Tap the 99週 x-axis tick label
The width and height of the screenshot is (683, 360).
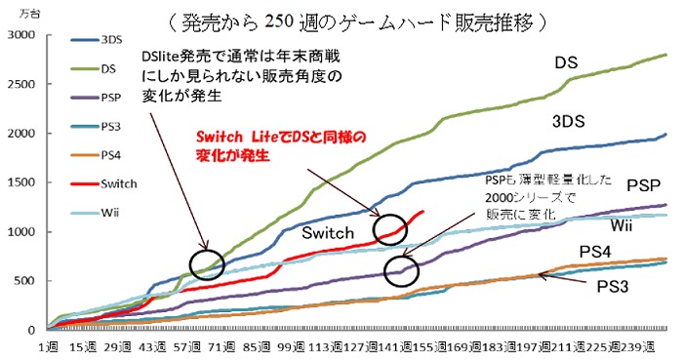click(x=292, y=347)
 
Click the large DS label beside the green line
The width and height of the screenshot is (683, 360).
click(x=568, y=63)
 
